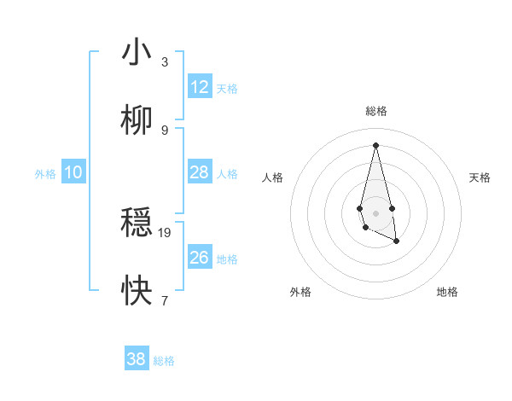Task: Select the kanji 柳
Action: tap(137, 121)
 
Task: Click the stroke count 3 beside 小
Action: tap(165, 61)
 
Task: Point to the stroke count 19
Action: tap(165, 232)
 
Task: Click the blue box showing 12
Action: tap(200, 86)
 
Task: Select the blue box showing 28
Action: tap(200, 172)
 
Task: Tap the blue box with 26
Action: tap(200, 258)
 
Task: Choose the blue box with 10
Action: tap(73, 172)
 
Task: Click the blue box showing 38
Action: tap(137, 359)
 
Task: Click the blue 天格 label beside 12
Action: tap(227, 89)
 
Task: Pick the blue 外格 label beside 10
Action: tap(45, 174)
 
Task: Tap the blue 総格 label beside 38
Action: tap(164, 361)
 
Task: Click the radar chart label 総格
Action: tap(375, 111)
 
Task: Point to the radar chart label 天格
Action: tap(480, 177)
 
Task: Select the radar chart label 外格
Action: tap(300, 292)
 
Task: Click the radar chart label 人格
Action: tap(273, 177)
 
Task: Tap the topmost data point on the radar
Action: tap(375, 144)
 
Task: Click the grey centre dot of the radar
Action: tap(375, 212)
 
